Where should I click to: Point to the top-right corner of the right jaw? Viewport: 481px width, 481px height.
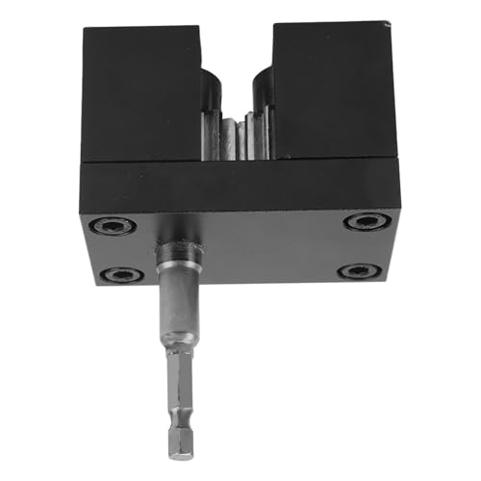(393, 24)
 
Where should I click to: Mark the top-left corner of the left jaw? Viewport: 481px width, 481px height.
(85, 29)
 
